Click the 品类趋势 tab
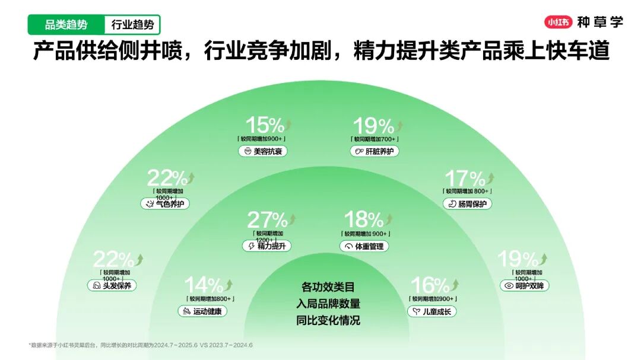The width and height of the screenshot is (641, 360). (66, 25)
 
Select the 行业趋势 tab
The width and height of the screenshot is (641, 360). (132, 25)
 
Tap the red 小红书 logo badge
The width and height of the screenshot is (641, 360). (558, 23)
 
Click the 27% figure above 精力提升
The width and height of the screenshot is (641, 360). (267, 220)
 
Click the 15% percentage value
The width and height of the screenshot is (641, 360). (265, 125)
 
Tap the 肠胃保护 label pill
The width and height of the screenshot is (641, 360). (467, 204)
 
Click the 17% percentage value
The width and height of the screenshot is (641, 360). (465, 178)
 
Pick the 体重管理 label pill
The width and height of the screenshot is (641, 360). (364, 246)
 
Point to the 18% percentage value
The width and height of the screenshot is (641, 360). (364, 220)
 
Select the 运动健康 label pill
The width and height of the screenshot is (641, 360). (202, 311)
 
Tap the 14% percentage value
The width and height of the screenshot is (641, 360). (203, 285)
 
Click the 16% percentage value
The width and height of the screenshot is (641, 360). (430, 285)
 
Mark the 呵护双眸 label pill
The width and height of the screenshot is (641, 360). (524, 285)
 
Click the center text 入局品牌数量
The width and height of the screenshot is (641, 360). (328, 304)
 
